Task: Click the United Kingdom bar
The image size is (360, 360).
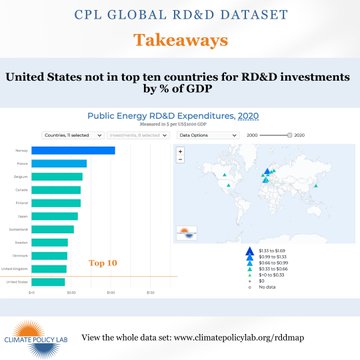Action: point(49,268)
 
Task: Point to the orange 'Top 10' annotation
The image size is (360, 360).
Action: point(103,262)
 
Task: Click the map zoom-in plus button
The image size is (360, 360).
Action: point(180,152)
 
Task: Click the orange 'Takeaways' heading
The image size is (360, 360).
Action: point(180,41)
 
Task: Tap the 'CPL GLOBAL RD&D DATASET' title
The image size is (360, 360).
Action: point(180,15)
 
